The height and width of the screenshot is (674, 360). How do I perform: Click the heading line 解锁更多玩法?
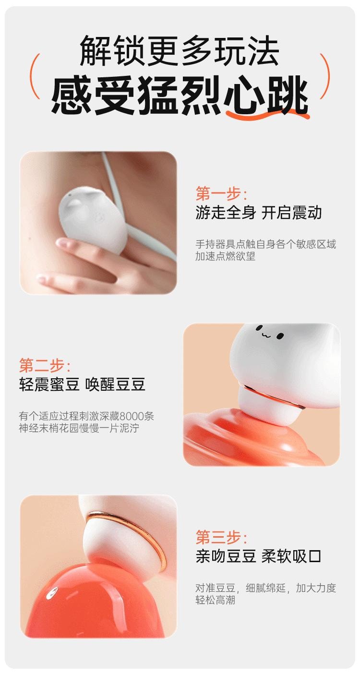click(x=180, y=50)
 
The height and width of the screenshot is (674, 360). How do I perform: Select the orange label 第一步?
click(x=221, y=194)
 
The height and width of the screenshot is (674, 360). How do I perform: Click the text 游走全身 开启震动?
click(x=258, y=213)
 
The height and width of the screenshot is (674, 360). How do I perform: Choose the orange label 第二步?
click(x=45, y=366)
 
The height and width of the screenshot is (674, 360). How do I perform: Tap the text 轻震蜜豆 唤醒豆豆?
click(x=82, y=385)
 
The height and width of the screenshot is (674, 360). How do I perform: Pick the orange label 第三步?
click(x=221, y=537)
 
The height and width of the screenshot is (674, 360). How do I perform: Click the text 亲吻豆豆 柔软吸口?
click(x=258, y=556)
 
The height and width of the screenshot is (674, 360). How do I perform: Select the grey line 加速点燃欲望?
click(x=225, y=256)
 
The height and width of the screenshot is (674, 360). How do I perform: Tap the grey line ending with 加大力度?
click(x=265, y=588)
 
